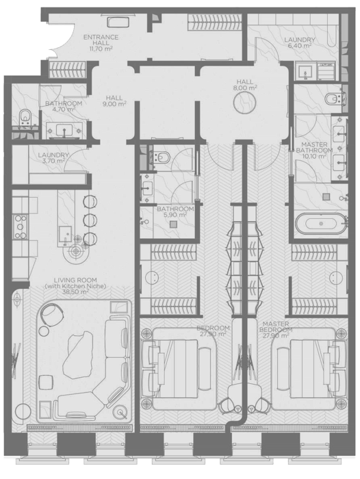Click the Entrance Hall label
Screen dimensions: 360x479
pyautogui.click(x=101, y=42)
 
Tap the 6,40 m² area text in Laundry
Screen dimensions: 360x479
pyautogui.click(x=300, y=46)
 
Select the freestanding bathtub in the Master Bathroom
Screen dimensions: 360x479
pyautogui.click(x=321, y=223)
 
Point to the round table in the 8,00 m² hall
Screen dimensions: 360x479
pyautogui.click(x=244, y=103)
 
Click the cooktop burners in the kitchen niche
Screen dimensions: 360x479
pyautogui.click(x=21, y=227)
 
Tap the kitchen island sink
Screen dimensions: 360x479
pyautogui.click(x=66, y=235)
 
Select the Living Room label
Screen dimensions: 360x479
pyautogui.click(x=75, y=285)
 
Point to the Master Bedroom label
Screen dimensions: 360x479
pyautogui.click(x=276, y=326)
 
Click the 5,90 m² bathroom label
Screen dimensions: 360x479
pyautogui.click(x=175, y=211)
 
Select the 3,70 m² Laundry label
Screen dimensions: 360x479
pyautogui.click(x=53, y=158)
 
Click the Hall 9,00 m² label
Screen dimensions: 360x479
pyautogui.click(x=114, y=101)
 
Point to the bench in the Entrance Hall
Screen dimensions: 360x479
pyautogui.click(x=118, y=23)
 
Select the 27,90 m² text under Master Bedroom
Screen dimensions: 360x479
pyautogui.click(x=276, y=335)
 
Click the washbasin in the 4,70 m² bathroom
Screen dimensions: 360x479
pyautogui.click(x=64, y=130)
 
